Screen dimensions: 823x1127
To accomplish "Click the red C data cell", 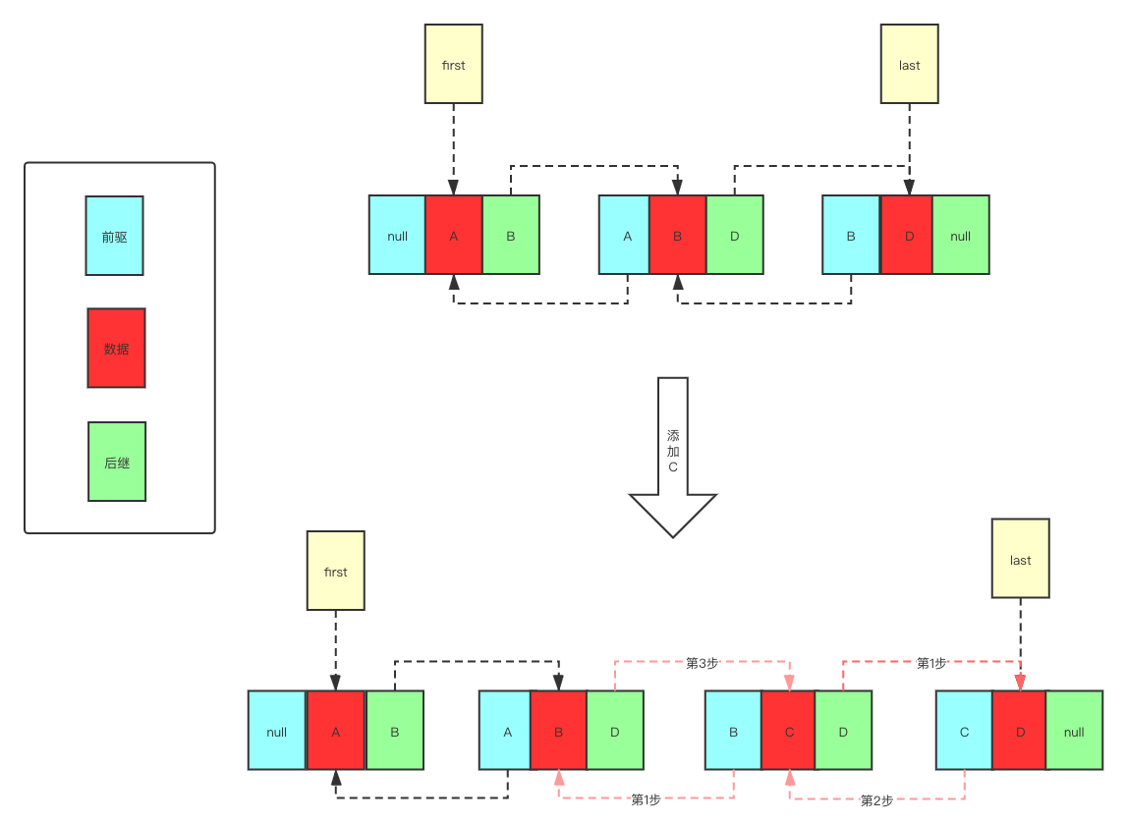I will (x=788, y=731).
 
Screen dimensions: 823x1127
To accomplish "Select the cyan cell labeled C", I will (x=964, y=731).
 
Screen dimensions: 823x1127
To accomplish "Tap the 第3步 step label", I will (x=703, y=663).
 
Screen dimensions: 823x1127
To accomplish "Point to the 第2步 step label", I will (x=876, y=799).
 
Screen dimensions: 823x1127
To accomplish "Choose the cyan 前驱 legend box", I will (x=114, y=236).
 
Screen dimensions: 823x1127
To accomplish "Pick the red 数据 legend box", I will (x=116, y=349).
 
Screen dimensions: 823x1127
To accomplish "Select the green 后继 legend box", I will (x=117, y=462).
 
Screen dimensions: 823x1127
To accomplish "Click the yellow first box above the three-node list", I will (x=453, y=65).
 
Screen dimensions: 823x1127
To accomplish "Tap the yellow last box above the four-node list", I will (x=1020, y=560).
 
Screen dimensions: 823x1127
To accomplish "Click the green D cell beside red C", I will (x=843, y=731).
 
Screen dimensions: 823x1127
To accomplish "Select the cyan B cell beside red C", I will (x=733, y=731).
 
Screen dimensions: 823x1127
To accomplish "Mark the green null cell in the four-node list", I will (x=1074, y=731).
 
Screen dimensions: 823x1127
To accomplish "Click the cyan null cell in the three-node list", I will (x=397, y=235).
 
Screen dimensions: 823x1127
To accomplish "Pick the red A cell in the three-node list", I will (x=454, y=235).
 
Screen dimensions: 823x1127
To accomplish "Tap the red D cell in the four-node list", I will (x=1020, y=731).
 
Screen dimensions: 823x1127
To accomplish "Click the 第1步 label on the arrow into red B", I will (x=646, y=799).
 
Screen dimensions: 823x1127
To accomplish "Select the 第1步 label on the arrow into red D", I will (x=930, y=663).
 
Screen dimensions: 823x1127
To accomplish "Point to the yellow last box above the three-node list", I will (x=909, y=65).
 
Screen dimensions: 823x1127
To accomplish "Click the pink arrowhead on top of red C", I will (x=789, y=683).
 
